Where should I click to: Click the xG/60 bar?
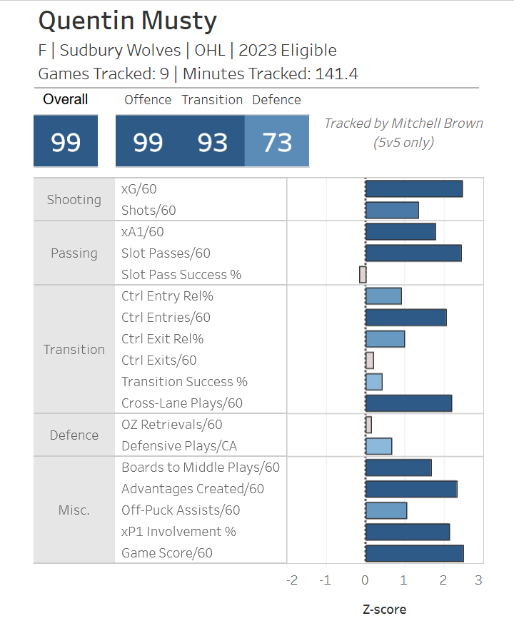[x=414, y=188]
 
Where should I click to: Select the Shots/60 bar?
[x=392, y=210]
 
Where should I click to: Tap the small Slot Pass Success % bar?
[x=363, y=274]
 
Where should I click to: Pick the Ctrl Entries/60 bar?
[x=405, y=317]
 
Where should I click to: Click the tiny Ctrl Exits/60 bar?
[x=369, y=360]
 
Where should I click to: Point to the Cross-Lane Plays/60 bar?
[x=408, y=403]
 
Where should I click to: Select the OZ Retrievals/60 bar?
[x=368, y=424]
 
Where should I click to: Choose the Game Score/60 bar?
[x=414, y=552]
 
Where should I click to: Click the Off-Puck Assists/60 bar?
[x=385, y=510]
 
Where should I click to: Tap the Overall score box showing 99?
[x=66, y=142]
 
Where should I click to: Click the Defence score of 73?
[x=277, y=142]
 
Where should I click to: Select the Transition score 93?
[x=212, y=142]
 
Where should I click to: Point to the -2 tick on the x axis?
[x=291, y=580]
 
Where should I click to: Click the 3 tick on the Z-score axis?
[x=478, y=580]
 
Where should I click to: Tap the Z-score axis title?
[x=384, y=609]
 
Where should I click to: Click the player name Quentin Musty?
[x=127, y=21]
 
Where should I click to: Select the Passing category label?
[x=74, y=253]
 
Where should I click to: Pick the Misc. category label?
[x=74, y=510]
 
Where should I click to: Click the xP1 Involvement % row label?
[x=178, y=531]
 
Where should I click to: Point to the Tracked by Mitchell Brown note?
[x=403, y=132]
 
